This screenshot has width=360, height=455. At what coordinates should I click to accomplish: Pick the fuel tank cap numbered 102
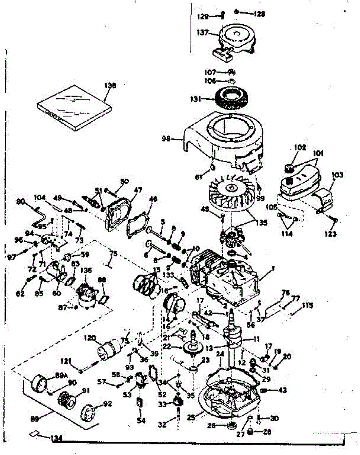(290, 166)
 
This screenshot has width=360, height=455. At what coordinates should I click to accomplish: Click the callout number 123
(330, 234)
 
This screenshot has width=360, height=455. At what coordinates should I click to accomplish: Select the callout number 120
(91, 338)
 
